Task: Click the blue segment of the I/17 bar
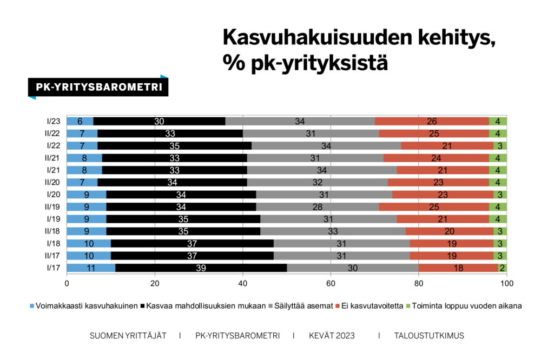(x=90, y=268)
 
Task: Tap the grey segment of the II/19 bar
(x=317, y=206)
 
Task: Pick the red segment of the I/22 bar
(x=447, y=145)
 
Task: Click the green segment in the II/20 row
(x=498, y=182)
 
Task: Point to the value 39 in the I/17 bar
(x=201, y=268)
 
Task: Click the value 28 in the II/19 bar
(x=317, y=206)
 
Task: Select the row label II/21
(x=52, y=158)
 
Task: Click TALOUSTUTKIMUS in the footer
(x=428, y=336)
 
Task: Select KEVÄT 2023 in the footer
(x=332, y=336)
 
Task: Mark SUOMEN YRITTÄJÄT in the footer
(x=128, y=336)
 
